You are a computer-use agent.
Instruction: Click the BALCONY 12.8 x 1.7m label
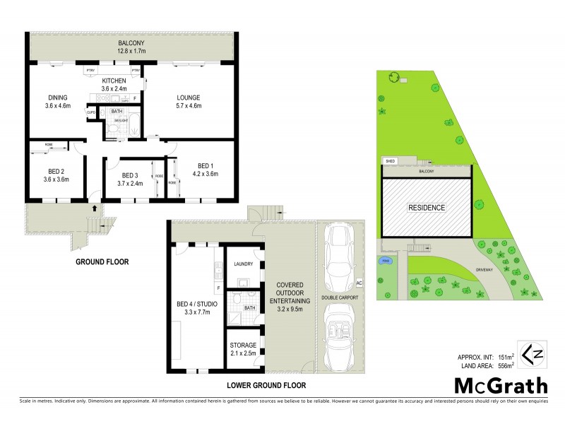131,47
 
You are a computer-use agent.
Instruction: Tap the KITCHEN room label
114,85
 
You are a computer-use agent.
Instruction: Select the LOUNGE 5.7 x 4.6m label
188,102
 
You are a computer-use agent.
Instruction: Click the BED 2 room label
56,176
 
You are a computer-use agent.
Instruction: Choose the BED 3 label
131,179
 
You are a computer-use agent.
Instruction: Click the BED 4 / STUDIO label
197,309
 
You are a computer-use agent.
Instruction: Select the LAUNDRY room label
243,265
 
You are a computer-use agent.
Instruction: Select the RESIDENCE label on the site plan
426,208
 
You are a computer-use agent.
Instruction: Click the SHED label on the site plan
390,161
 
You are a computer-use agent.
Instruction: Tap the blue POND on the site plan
386,261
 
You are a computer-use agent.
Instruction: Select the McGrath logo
500,387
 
